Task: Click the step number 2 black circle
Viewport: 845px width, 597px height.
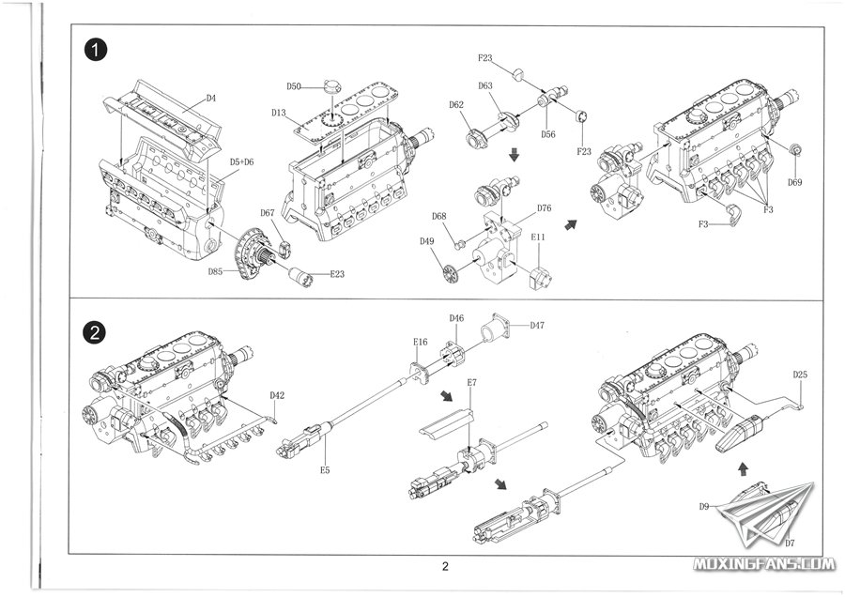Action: (x=94, y=332)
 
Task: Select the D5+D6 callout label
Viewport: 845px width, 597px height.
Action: (x=242, y=162)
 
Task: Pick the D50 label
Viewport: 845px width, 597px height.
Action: (x=294, y=86)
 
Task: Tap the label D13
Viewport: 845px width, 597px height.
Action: (x=279, y=113)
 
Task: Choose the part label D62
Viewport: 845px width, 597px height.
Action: (x=457, y=104)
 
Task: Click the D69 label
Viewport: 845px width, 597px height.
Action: (x=795, y=182)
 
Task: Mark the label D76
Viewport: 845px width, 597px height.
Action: (x=544, y=207)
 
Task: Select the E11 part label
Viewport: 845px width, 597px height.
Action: (x=538, y=238)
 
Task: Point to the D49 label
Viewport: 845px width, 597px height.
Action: (x=427, y=242)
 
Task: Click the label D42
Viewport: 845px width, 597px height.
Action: (x=277, y=395)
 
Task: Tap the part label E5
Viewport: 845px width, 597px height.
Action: (x=324, y=468)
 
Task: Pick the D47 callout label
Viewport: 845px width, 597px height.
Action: (x=537, y=326)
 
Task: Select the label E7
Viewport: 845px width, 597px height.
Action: (x=471, y=383)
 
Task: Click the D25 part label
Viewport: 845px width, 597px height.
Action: (x=799, y=375)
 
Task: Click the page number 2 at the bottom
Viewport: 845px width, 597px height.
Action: (x=445, y=566)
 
